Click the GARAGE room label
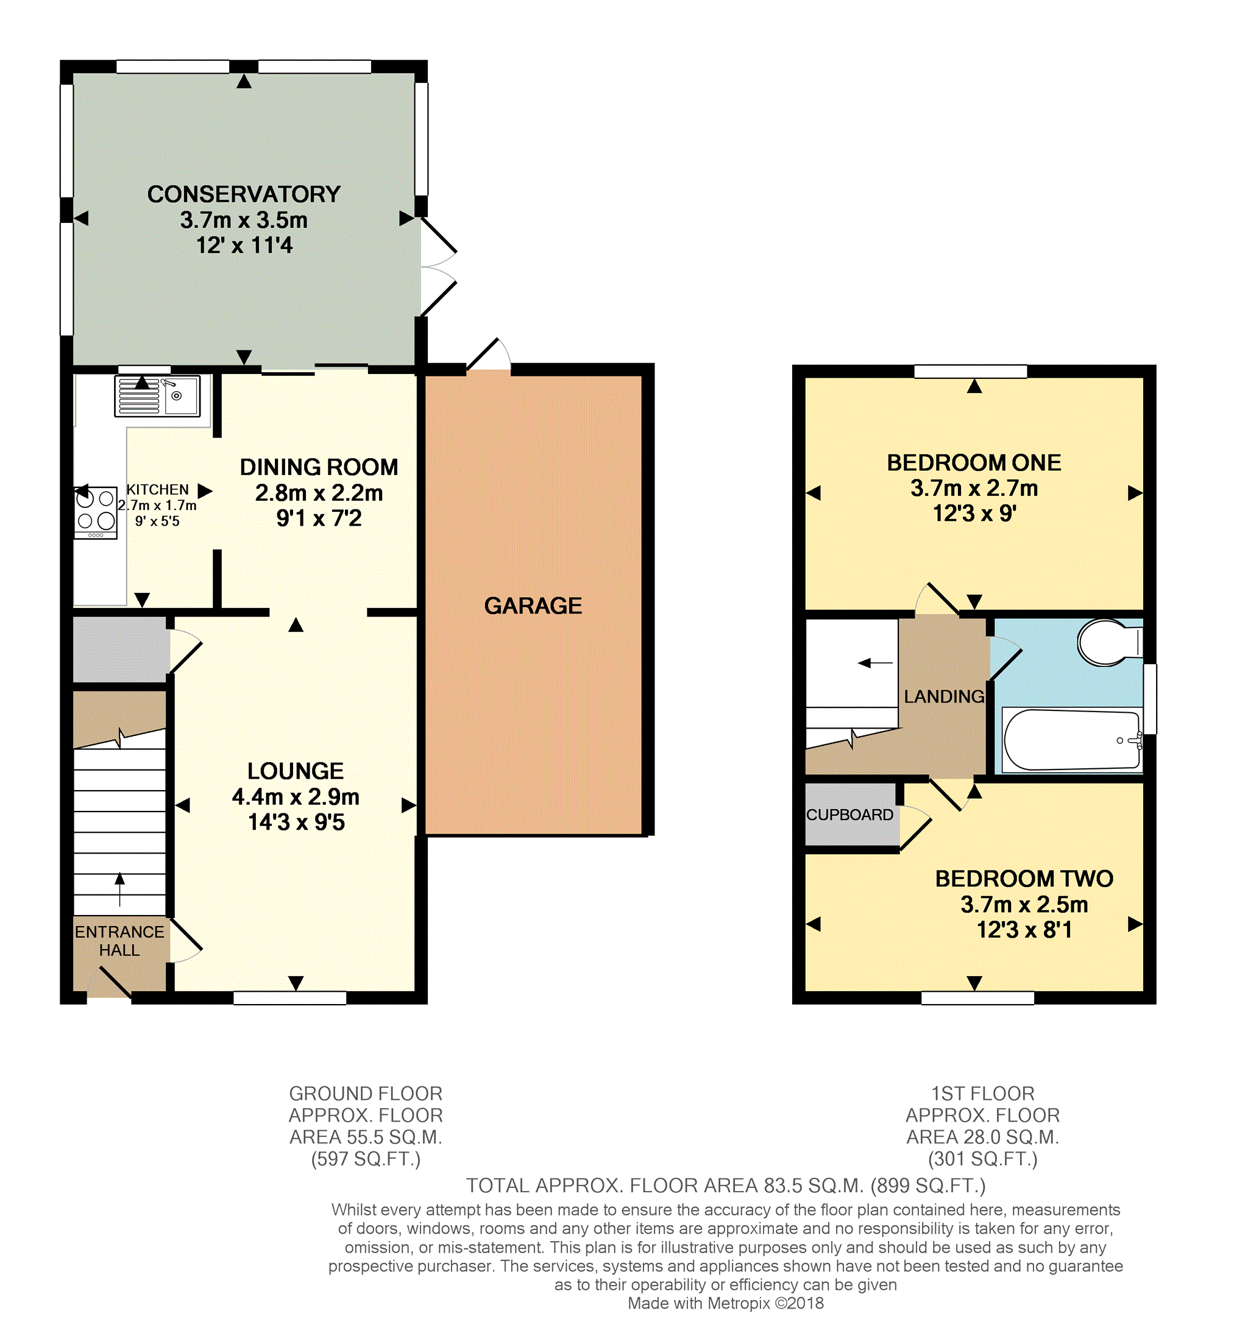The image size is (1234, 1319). (533, 606)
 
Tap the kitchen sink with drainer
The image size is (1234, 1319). (157, 396)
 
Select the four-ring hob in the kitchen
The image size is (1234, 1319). (96, 513)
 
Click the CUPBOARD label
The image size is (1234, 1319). (849, 815)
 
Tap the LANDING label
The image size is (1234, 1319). (944, 696)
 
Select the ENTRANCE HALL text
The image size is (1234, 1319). (119, 941)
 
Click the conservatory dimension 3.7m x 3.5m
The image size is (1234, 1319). (244, 219)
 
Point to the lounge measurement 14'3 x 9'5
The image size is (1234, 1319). (296, 822)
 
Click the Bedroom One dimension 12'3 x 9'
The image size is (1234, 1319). (974, 513)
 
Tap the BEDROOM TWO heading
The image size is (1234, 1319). (1024, 879)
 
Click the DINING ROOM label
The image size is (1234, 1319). (319, 467)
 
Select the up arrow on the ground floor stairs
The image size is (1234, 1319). (119, 889)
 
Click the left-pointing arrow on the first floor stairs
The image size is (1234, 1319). (875, 663)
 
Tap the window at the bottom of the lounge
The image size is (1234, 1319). (290, 997)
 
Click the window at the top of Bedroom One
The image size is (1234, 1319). (971, 372)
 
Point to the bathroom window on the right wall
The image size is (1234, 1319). (1150, 699)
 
